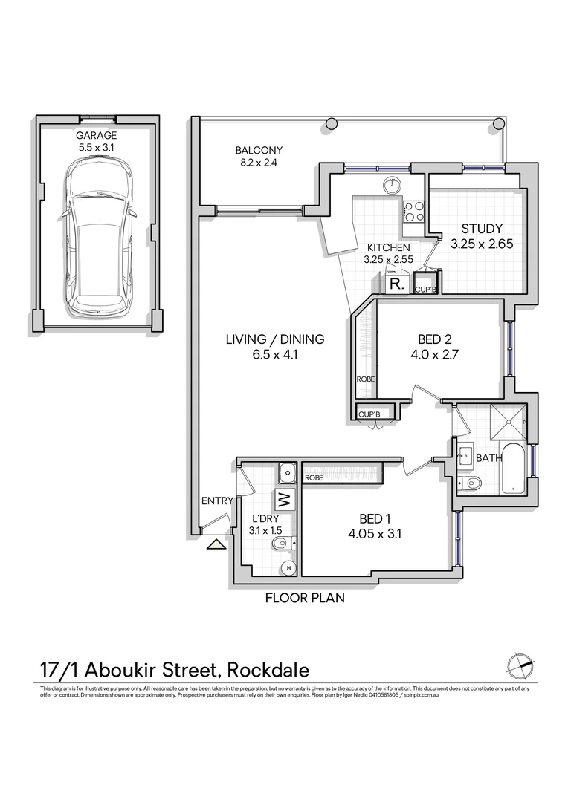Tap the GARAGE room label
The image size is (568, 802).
96,136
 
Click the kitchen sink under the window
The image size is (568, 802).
392,185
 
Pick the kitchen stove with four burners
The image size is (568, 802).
414,212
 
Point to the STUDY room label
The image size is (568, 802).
482,229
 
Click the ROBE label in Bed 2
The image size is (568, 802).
366,379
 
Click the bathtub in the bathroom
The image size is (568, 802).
514,468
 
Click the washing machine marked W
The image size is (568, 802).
285,498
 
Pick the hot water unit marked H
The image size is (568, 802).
288,569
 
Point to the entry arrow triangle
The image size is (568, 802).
216,544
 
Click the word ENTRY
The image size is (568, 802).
217,501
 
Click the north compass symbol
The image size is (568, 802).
518,663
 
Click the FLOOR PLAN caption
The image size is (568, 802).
305,597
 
